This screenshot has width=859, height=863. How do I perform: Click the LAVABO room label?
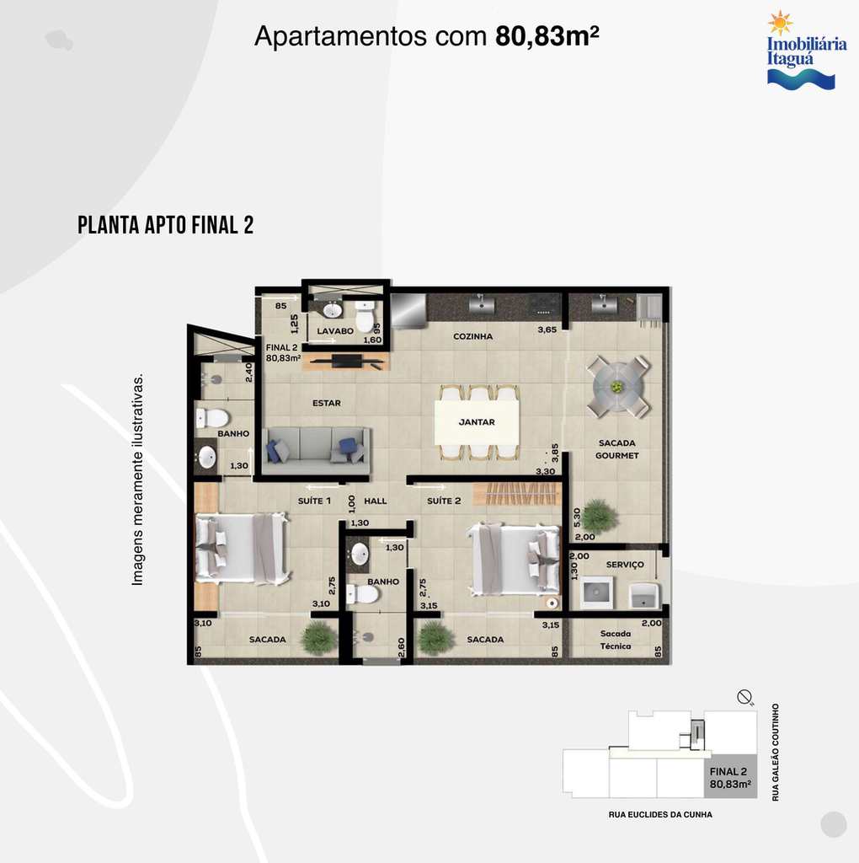(x=335, y=331)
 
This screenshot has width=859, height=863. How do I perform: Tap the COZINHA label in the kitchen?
(x=473, y=336)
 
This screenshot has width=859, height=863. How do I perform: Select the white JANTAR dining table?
(x=477, y=421)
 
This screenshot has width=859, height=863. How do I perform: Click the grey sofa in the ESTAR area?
(x=316, y=451)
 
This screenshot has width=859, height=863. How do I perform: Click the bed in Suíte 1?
(x=242, y=548)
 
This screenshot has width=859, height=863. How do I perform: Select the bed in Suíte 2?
(x=514, y=560)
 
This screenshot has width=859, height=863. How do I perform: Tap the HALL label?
(x=376, y=501)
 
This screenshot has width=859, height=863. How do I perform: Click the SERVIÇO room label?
(x=625, y=565)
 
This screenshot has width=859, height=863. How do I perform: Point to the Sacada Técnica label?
(x=616, y=641)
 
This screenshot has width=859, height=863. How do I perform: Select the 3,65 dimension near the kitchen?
(x=547, y=330)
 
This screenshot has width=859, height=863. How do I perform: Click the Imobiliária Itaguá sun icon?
(x=781, y=23)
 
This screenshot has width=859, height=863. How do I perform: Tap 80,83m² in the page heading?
(x=547, y=36)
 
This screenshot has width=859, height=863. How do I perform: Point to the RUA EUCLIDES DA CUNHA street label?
(x=660, y=815)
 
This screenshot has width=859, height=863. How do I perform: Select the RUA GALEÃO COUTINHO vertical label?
(x=776, y=753)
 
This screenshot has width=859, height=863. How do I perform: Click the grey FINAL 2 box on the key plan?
(x=730, y=776)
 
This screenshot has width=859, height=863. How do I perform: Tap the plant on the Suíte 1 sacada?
(x=319, y=637)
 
